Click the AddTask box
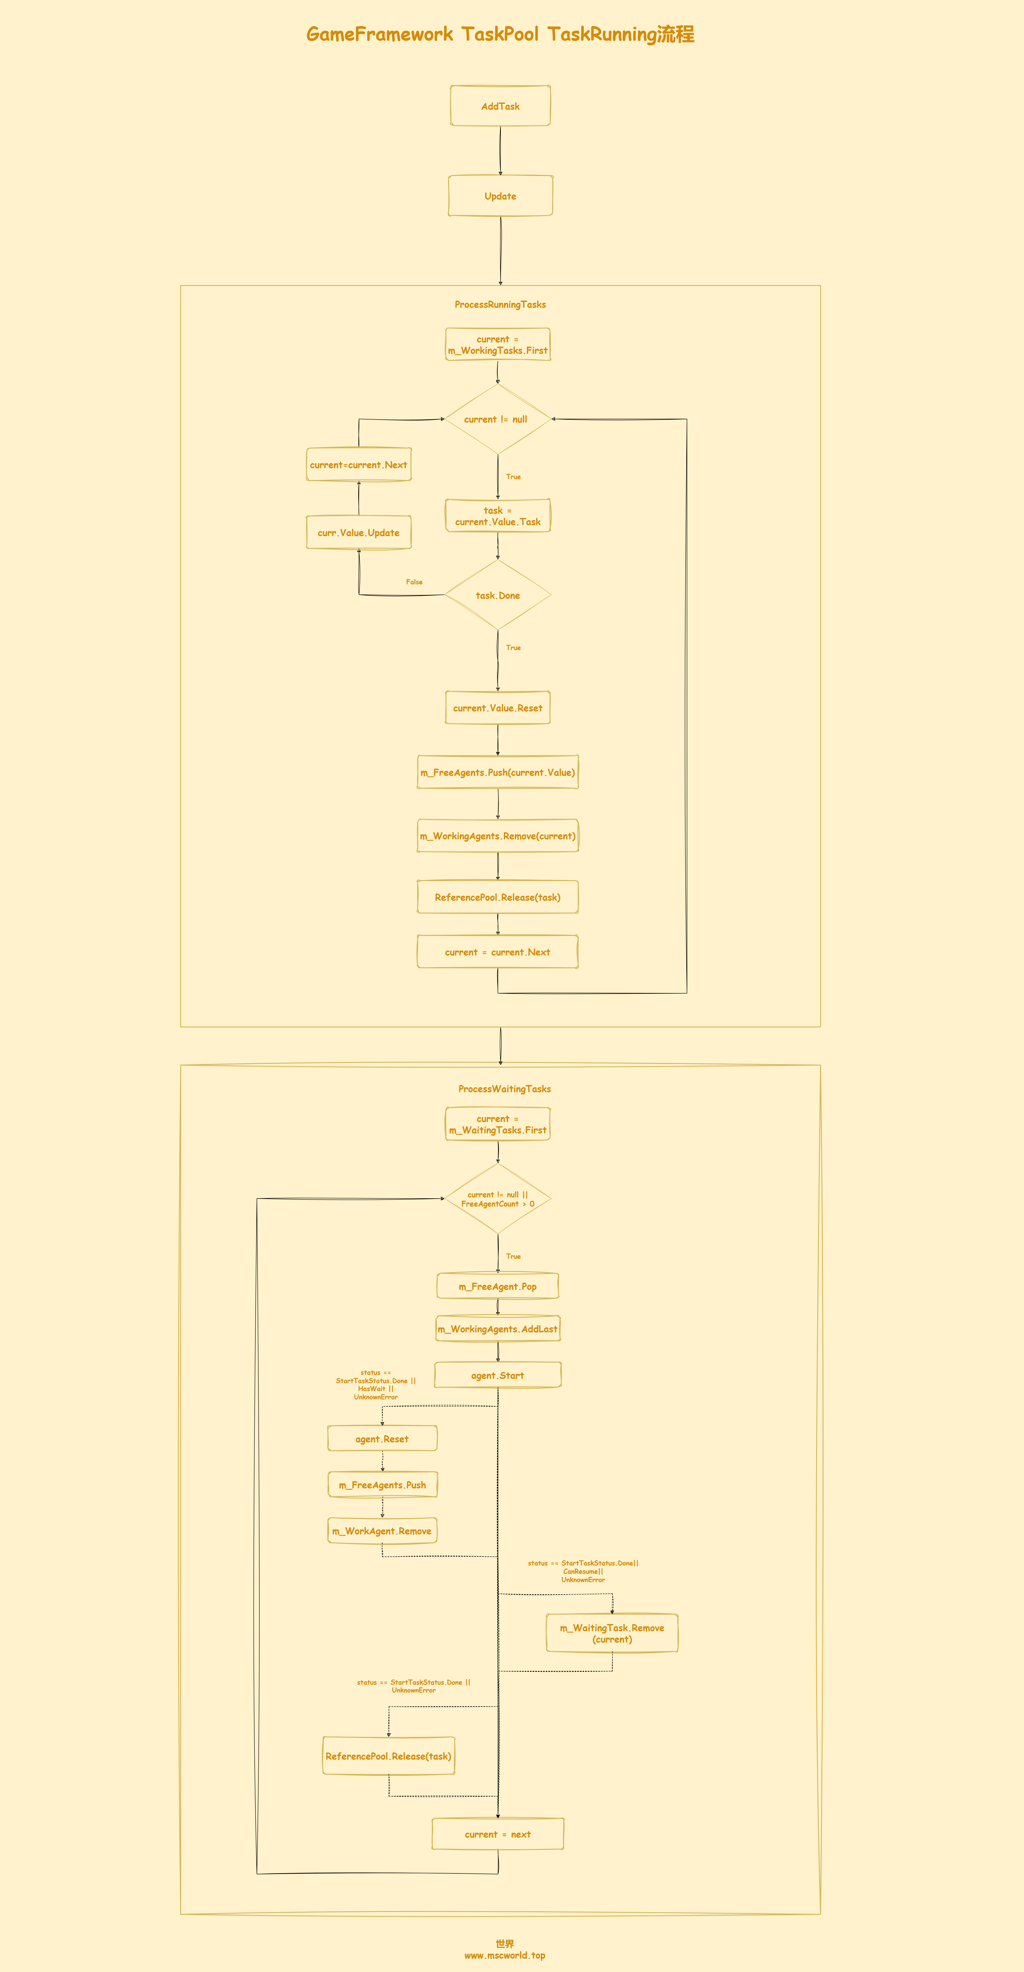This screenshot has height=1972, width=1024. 501,106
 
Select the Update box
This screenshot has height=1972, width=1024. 501,196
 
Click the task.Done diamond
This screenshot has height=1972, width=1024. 498,595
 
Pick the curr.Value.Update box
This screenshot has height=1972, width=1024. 359,533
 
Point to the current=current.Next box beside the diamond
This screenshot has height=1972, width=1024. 359,465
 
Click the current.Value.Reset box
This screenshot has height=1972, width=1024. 498,707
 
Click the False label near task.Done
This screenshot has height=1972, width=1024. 414,582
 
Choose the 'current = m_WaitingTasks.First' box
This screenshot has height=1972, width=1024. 498,1124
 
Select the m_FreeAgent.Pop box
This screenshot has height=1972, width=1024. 498,1286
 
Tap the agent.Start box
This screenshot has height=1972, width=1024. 498,1375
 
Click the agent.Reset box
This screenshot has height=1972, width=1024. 382,1438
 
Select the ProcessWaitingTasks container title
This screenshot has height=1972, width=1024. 504,1089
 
